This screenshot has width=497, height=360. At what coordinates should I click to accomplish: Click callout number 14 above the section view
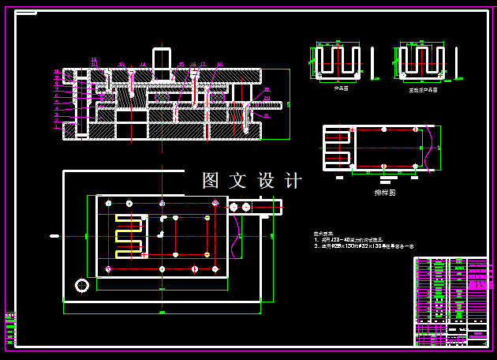click(143, 64)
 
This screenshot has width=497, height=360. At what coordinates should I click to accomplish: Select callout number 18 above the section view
click(219, 65)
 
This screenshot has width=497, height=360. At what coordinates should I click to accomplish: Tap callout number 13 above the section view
click(121, 64)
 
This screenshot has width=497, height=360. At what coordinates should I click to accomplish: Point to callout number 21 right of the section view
click(267, 115)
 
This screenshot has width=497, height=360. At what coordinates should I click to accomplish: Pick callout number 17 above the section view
click(203, 64)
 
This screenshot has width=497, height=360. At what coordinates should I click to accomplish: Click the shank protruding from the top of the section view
click(162, 63)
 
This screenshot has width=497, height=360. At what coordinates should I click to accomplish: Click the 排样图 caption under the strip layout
click(385, 192)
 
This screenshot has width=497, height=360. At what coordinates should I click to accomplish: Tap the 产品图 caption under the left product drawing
click(341, 89)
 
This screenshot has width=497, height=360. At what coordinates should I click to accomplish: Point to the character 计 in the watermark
click(293, 181)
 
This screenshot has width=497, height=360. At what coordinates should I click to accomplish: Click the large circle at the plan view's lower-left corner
click(81, 284)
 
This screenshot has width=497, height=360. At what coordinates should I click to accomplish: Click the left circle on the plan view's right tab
click(234, 207)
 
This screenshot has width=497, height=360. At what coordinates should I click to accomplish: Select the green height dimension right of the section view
click(289, 103)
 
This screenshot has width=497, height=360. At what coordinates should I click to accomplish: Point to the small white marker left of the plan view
click(54, 235)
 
